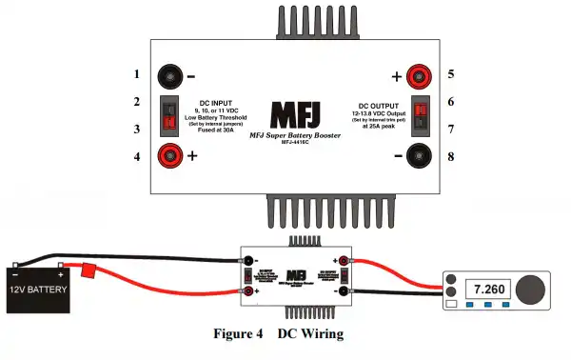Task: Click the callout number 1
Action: pos(136,74)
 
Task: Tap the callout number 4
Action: pos(136,154)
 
